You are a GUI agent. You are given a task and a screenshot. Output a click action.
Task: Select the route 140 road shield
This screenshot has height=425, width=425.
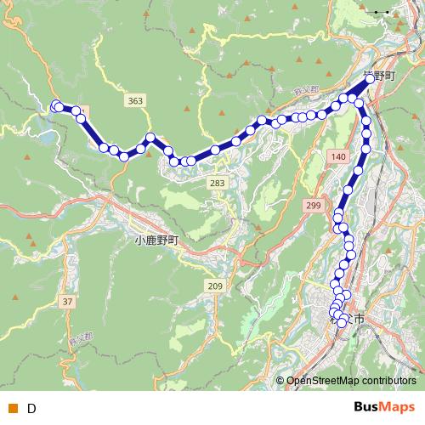tap(338, 157)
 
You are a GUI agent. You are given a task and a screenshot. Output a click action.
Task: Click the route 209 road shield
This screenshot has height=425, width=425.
tap(214, 286)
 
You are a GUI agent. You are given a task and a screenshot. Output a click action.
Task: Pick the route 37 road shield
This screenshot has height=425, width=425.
tap(68, 302)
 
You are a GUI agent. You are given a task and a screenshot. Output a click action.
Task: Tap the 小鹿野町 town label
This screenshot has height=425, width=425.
tap(158, 241)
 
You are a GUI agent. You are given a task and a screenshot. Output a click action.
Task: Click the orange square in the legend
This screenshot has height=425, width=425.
tap(12, 408)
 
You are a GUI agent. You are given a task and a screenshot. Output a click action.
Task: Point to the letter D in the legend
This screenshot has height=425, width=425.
tap(31, 408)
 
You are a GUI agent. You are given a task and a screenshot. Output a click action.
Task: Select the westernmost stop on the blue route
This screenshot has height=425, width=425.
tap(57, 106)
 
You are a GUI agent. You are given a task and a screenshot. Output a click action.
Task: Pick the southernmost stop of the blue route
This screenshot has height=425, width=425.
tap(342, 323)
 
